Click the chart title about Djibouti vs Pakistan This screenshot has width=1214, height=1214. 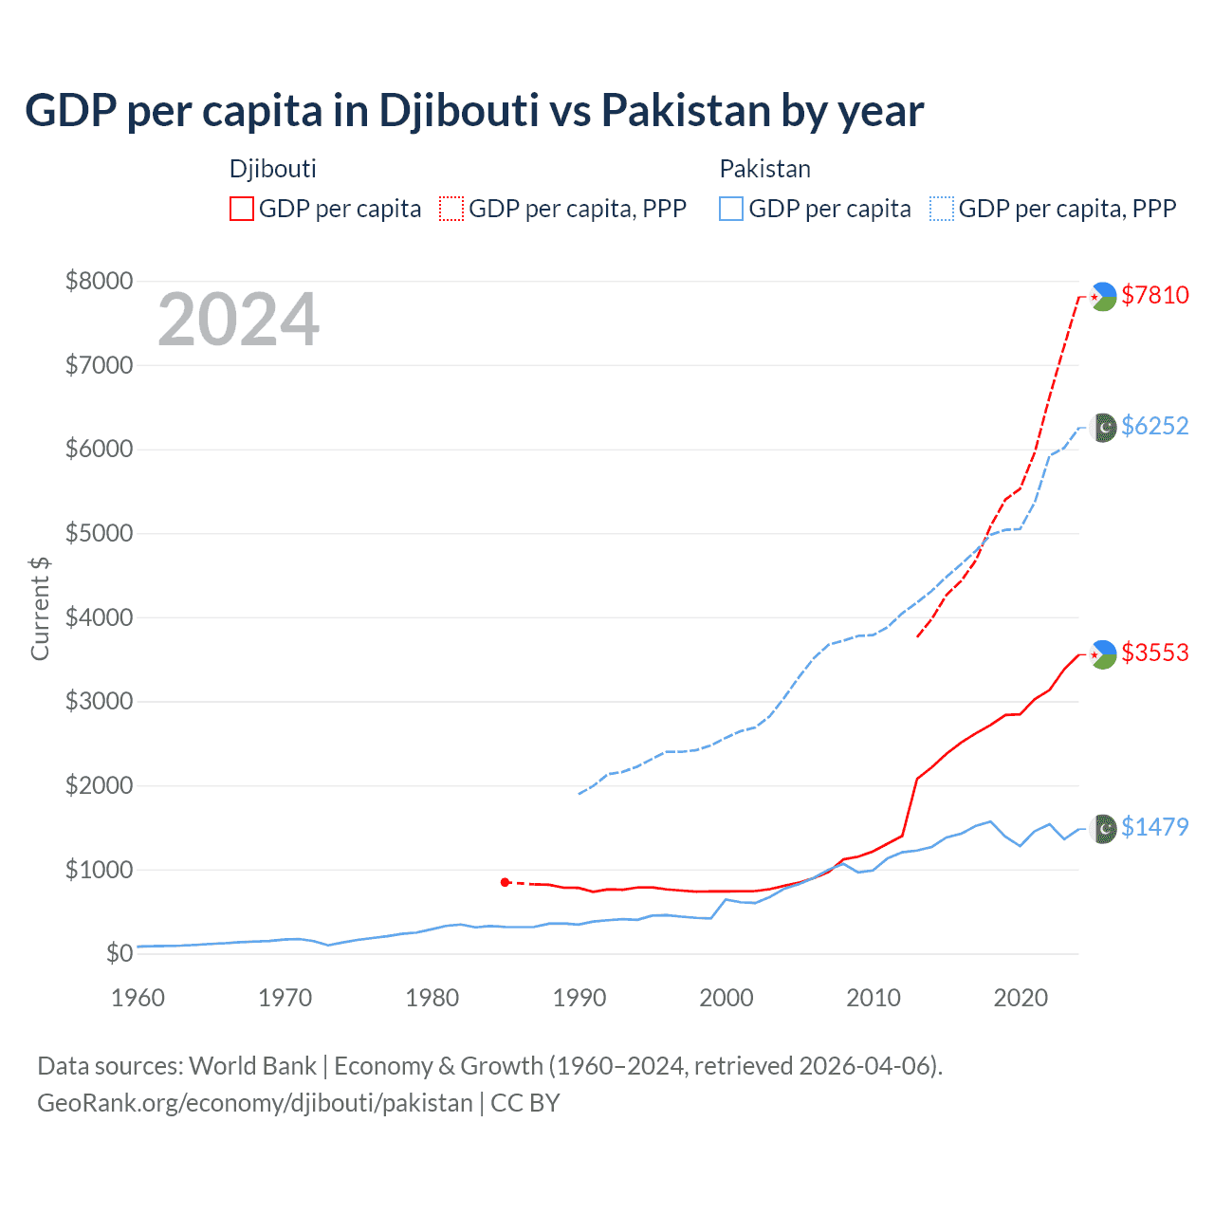pos(474,111)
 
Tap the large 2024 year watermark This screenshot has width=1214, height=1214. pos(238,320)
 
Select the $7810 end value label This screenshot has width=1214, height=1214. pos(1154,295)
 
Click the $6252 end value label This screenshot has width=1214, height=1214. pos(1154,426)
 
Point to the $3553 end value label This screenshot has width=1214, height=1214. pos(1154,653)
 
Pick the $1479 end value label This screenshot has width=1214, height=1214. pos(1154,827)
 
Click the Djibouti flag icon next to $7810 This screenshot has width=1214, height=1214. pos(1103,296)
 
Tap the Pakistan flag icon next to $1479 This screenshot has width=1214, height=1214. pos(1104,828)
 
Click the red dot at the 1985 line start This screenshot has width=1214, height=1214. pos(505,882)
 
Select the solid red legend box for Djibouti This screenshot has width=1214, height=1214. pos(242,209)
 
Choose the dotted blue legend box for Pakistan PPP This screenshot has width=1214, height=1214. pos(942,209)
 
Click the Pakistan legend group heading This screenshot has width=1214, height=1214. pos(764,169)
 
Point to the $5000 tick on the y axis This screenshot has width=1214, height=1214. pos(99,533)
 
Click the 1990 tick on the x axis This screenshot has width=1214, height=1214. pos(579,998)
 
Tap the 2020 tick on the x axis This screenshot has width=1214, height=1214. pos(1020,998)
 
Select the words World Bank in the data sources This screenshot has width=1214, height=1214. pos(252,1066)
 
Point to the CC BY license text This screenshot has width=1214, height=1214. pos(525,1103)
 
